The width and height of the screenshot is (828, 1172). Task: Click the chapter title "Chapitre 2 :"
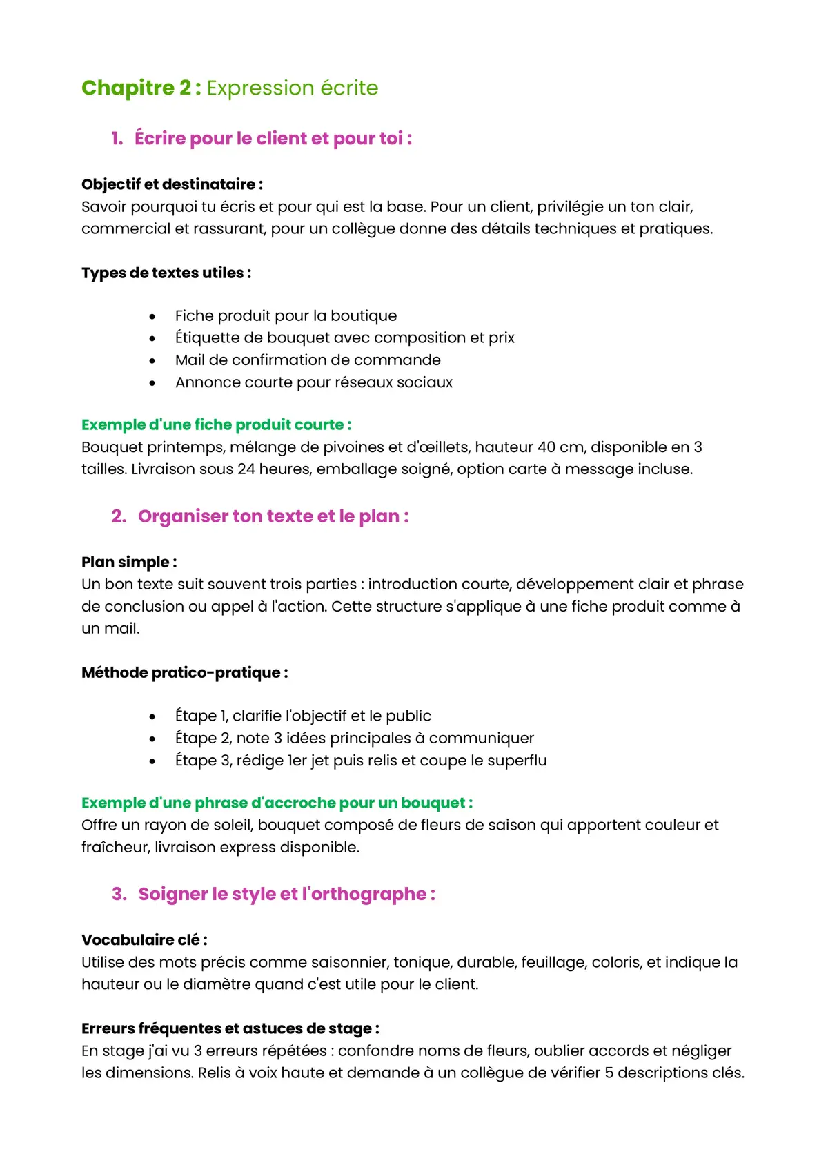141,88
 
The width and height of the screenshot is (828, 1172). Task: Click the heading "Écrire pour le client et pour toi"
273,139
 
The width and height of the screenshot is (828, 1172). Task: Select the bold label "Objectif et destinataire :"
172,184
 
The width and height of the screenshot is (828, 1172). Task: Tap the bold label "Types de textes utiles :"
166,273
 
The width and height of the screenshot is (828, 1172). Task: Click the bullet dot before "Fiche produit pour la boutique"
152,317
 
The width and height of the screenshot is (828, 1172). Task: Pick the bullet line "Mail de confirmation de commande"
308,360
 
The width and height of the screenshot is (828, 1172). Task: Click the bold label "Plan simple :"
129,562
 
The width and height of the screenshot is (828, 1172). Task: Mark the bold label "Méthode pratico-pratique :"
185,672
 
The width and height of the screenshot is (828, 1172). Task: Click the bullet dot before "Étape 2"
152,739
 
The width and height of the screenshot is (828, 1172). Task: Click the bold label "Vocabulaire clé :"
144,940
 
